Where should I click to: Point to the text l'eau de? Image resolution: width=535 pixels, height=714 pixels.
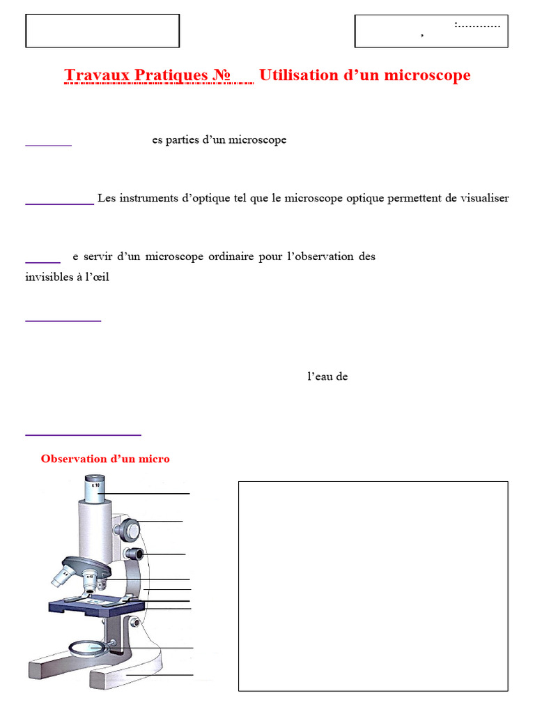[x=327, y=377]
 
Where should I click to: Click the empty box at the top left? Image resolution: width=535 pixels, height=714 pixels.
[x=102, y=31]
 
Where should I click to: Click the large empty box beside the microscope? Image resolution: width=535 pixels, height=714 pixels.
[x=373, y=586]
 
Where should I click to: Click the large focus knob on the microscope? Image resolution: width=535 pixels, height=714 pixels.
[x=130, y=530]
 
